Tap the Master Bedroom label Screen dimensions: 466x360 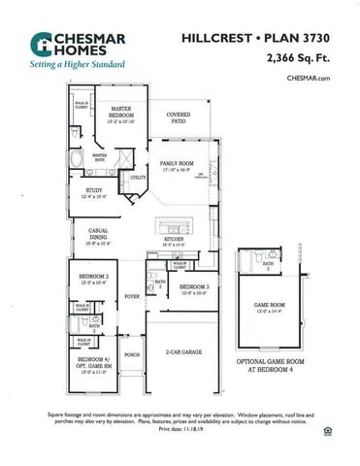[121, 112]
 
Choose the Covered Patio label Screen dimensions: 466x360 [179, 116]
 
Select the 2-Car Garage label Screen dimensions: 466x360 [183, 351]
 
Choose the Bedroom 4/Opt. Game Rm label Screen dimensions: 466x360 [94, 365]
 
